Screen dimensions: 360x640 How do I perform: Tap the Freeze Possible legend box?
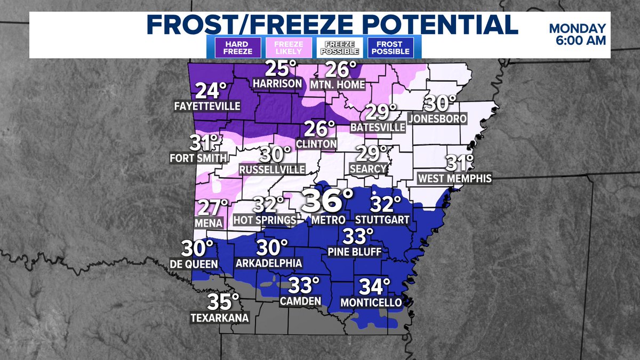coord(341,47)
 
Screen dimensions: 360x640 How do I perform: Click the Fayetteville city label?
coord(207,107)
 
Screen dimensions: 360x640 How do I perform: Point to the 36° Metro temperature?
coord(327,202)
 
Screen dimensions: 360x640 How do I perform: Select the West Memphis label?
coord(455,178)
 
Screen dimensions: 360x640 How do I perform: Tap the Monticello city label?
coord(371,302)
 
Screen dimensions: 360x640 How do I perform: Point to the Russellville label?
coord(272,169)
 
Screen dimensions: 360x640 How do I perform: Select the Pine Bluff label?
coord(354,251)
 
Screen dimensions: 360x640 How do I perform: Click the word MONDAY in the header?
coord(578,29)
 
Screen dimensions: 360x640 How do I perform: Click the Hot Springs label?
coord(265,220)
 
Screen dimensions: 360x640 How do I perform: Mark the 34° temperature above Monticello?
coord(371,287)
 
